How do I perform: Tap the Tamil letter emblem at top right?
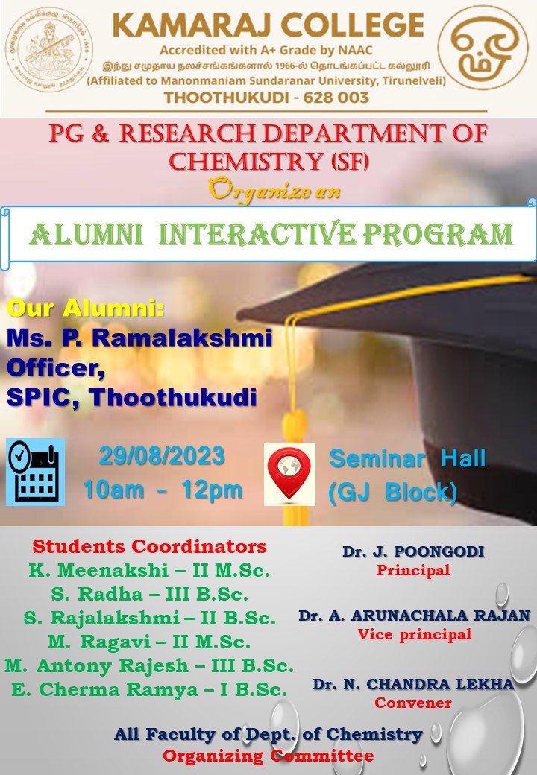483,48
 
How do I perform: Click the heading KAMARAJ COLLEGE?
268,25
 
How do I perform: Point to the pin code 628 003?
336,97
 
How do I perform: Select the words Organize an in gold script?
274,189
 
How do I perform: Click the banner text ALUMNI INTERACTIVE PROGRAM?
271,234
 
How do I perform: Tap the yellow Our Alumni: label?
86,308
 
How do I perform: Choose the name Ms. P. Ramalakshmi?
139,338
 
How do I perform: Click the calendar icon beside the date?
36,472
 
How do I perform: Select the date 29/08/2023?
162,456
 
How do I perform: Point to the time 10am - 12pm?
163,490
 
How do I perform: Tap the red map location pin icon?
289,474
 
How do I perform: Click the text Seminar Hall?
407,458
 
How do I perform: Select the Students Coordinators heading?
149,547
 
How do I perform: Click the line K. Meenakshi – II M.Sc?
149,570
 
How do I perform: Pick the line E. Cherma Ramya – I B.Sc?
149,689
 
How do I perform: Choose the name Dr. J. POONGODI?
413,551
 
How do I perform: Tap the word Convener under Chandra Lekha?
413,703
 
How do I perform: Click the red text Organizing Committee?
268,756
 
